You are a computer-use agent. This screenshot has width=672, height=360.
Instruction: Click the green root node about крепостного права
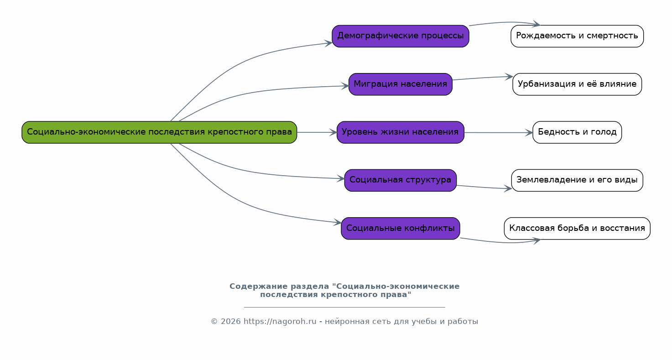coord(159,132)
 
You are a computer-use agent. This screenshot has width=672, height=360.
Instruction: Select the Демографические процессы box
coord(401,37)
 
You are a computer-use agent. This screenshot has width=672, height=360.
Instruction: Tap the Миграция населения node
coord(401,84)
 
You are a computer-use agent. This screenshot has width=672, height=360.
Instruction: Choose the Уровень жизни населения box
coord(401,132)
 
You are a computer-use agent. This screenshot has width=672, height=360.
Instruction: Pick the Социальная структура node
coord(401,180)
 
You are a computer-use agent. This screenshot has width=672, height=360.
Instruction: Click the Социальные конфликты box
coord(401,228)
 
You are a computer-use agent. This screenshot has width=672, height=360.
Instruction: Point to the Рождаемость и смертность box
coord(577,37)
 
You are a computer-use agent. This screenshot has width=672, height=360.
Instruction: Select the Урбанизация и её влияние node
coord(577,84)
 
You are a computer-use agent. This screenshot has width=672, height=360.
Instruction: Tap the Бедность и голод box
coord(577,132)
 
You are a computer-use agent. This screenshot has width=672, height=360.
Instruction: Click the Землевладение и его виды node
coord(577,180)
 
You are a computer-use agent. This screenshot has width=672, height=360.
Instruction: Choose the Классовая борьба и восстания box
coord(577,228)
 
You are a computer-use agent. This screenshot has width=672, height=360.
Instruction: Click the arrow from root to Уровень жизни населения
coord(317,132)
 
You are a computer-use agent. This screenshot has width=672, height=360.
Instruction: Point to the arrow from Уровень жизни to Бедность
coord(499,133)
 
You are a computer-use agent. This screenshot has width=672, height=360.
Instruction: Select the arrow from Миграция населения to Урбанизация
coord(482,78)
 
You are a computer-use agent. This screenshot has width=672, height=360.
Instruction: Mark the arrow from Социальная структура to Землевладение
coord(484,188)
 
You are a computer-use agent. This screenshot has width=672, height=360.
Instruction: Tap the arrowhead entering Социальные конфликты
coord(338,222)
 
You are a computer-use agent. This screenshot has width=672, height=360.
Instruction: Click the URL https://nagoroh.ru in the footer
coord(280,322)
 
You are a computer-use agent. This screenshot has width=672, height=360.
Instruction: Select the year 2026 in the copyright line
coord(231,322)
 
